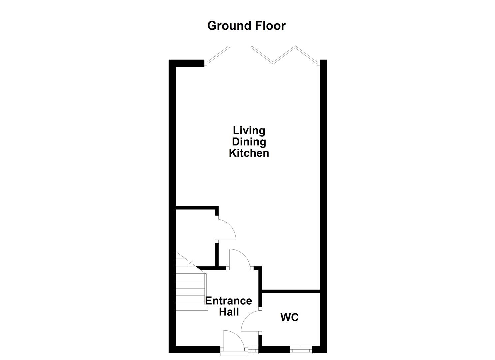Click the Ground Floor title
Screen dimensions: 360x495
[246, 26]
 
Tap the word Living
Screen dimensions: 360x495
[249, 130]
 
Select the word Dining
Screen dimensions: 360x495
[249, 142]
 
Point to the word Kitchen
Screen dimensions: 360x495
[249, 153]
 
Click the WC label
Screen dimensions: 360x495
[289, 317]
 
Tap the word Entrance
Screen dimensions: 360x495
[228, 301]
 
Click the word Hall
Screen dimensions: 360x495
[229, 312]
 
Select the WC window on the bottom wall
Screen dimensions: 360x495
[301, 350]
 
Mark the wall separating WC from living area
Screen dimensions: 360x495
[291, 292]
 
